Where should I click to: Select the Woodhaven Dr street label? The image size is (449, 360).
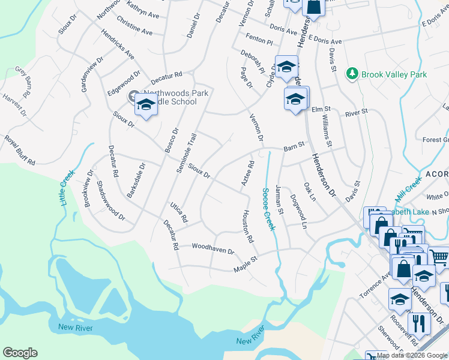pyautogui.click(x=212, y=248)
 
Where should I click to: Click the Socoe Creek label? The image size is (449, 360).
pyautogui.click(x=268, y=209)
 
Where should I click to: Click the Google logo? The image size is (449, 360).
pyautogui.click(x=20, y=353)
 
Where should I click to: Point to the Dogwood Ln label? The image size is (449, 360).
pyautogui.click(x=298, y=211)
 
